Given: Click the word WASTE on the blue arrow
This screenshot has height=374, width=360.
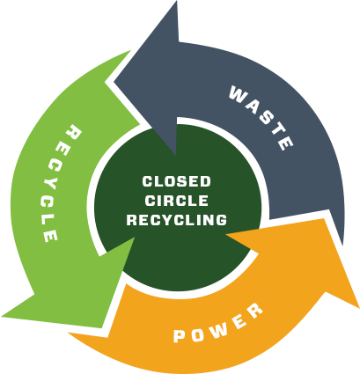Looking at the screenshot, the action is pos(261,117).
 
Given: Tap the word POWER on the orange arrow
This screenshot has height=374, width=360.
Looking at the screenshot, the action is pos(218,324).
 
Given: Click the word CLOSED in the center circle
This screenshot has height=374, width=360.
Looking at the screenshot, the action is pos(177,181).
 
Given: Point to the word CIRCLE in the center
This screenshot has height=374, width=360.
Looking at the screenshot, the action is pos(177,201).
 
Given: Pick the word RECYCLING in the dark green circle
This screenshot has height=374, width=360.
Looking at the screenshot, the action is pos(177,220).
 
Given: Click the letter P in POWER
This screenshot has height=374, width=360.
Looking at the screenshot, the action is pos(179,336).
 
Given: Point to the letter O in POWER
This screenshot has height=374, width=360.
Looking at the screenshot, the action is pos(197,334).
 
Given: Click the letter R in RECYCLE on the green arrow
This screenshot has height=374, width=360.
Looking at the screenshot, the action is pos(74,132).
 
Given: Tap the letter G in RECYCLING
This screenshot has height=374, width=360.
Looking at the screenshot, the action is pos(221,220).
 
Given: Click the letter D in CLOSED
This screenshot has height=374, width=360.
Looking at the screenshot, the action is pos(205,181).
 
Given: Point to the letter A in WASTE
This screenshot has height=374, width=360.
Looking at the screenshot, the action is pos(253,106).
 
